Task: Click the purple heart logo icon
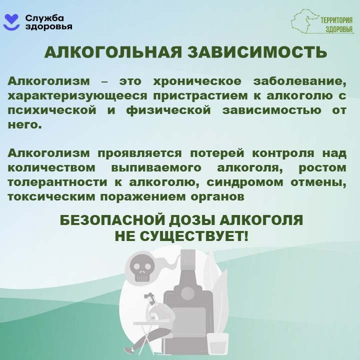pos(12,22)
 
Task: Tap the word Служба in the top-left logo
pos(44,18)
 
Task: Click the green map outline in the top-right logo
pos(305,22)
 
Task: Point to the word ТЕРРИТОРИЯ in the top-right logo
pos(336,20)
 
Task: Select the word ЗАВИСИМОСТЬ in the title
pos(257,52)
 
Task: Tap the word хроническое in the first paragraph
pos(197,81)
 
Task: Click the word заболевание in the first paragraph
pos(300,81)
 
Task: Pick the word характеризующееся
pos(77,96)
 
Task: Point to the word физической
pos(169,110)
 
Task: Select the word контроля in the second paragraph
pos(283,153)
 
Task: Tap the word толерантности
pos(57,182)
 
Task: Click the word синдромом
pos(245,182)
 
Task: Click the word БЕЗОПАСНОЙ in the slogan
pos(114,220)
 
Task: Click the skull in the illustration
pos(140,268)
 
